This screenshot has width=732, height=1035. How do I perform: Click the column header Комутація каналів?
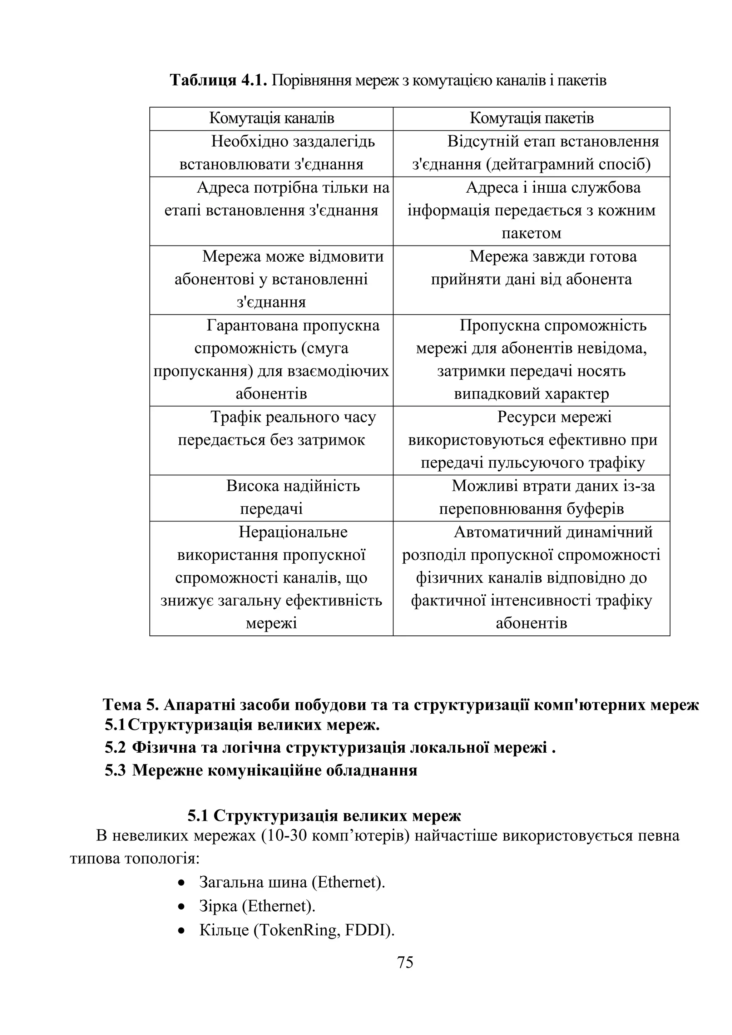(x=271, y=119)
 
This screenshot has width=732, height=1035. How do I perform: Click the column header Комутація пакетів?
(x=531, y=119)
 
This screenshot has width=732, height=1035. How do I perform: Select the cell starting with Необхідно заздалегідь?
(x=271, y=153)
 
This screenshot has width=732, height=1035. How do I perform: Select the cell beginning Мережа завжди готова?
(x=531, y=268)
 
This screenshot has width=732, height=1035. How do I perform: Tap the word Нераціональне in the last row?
(x=293, y=532)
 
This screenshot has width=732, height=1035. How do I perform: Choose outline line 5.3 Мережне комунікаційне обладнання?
(x=261, y=771)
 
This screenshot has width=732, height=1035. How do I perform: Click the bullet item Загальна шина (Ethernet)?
(x=292, y=882)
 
